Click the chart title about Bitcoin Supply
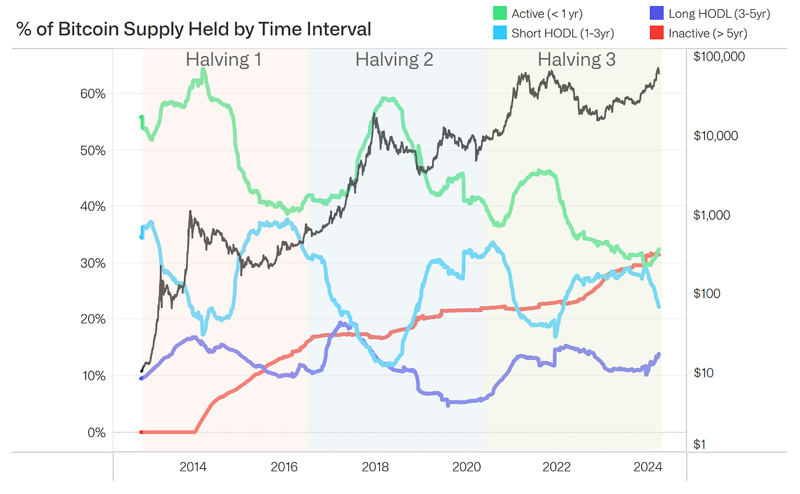pyautogui.click(x=194, y=29)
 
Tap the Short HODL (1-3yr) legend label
pyautogui.click(x=563, y=34)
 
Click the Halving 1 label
pyautogui.click(x=223, y=59)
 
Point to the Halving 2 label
pyautogui.click(x=394, y=59)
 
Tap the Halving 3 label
pyautogui.click(x=577, y=59)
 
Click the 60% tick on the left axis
pyautogui.click(x=92, y=94)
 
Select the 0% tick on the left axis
pyautogui.click(x=96, y=432)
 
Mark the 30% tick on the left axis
pyautogui.click(x=92, y=263)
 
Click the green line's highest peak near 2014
pyautogui.click(x=203, y=70)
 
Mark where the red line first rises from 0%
pyautogui.click(x=195, y=431)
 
